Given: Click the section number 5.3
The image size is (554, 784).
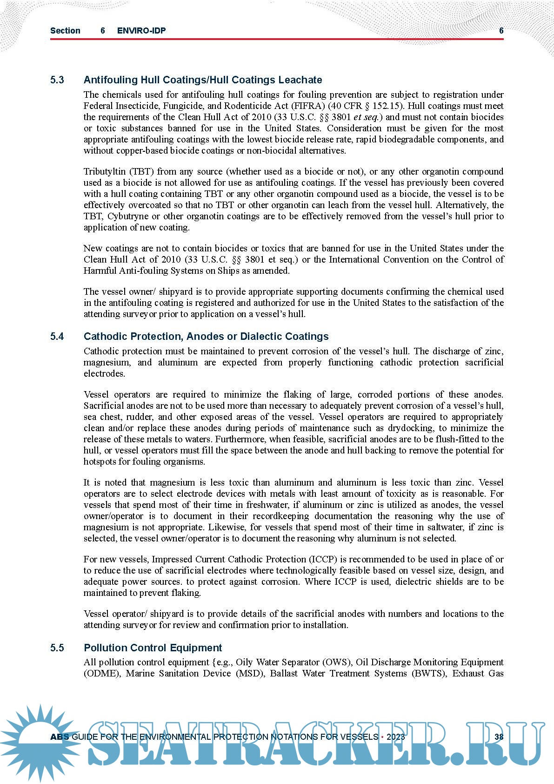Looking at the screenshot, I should click(x=57, y=80).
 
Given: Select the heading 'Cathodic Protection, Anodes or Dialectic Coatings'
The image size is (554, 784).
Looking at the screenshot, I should click(x=206, y=337).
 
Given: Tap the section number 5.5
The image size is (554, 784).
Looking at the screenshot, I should click(x=57, y=648).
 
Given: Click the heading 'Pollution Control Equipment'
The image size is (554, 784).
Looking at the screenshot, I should click(x=153, y=648).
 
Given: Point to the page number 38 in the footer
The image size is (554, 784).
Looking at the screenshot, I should click(x=499, y=737).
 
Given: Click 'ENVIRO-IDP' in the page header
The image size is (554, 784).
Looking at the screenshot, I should click(x=141, y=31).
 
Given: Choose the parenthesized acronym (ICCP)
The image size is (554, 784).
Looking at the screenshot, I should click(x=327, y=560).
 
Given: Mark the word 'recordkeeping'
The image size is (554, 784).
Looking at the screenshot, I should click(x=280, y=516).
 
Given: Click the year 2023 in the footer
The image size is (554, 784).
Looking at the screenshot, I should click(x=395, y=737).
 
